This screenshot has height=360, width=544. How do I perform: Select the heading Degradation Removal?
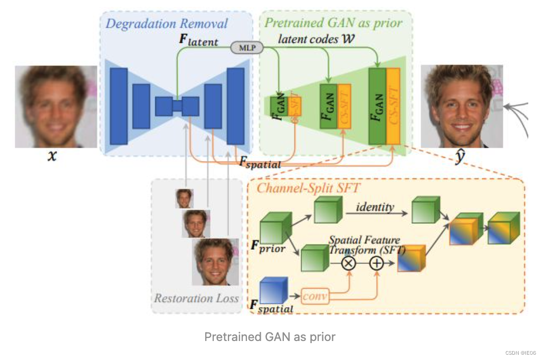[167, 24]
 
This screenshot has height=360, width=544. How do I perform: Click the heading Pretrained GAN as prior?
[333, 23]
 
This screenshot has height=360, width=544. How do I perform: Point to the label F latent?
[199, 40]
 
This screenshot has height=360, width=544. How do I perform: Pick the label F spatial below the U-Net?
[260, 163]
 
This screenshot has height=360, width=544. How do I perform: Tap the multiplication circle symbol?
[348, 262]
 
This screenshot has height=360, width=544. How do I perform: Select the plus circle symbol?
[376, 262]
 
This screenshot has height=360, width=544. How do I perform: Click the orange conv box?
[316, 297]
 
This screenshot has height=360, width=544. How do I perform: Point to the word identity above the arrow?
[375, 206]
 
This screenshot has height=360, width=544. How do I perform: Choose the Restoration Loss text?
[196, 298]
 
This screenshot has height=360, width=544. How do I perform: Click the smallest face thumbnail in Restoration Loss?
[184, 198]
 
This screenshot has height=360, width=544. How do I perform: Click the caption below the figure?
[270, 336]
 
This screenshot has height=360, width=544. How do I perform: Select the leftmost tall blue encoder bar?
[119, 106]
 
